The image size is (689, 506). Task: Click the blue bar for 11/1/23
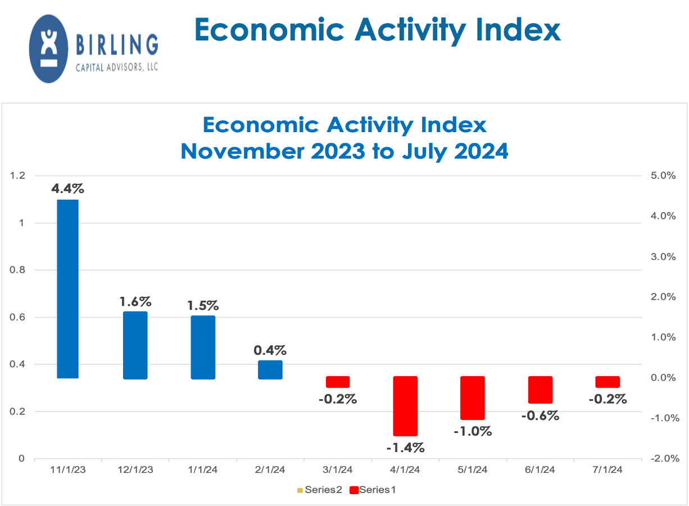coord(68,289)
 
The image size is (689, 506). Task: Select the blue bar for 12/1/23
coord(135,345)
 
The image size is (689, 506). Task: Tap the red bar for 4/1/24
coord(405,406)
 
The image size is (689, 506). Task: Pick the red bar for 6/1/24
coord(540,390)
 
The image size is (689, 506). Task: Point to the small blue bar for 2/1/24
coord(270,369)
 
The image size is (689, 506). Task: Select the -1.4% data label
coord(405,448)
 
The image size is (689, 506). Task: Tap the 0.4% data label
coord(270,350)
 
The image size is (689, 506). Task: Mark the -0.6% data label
coord(540,415)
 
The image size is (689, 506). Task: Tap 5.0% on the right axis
coord(663,176)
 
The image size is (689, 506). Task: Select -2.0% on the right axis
coord(663,458)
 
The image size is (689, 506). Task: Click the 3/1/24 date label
coord(337,469)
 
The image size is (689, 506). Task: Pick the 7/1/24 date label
coord(607,469)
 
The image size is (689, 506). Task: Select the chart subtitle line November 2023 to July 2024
coord(344,151)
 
